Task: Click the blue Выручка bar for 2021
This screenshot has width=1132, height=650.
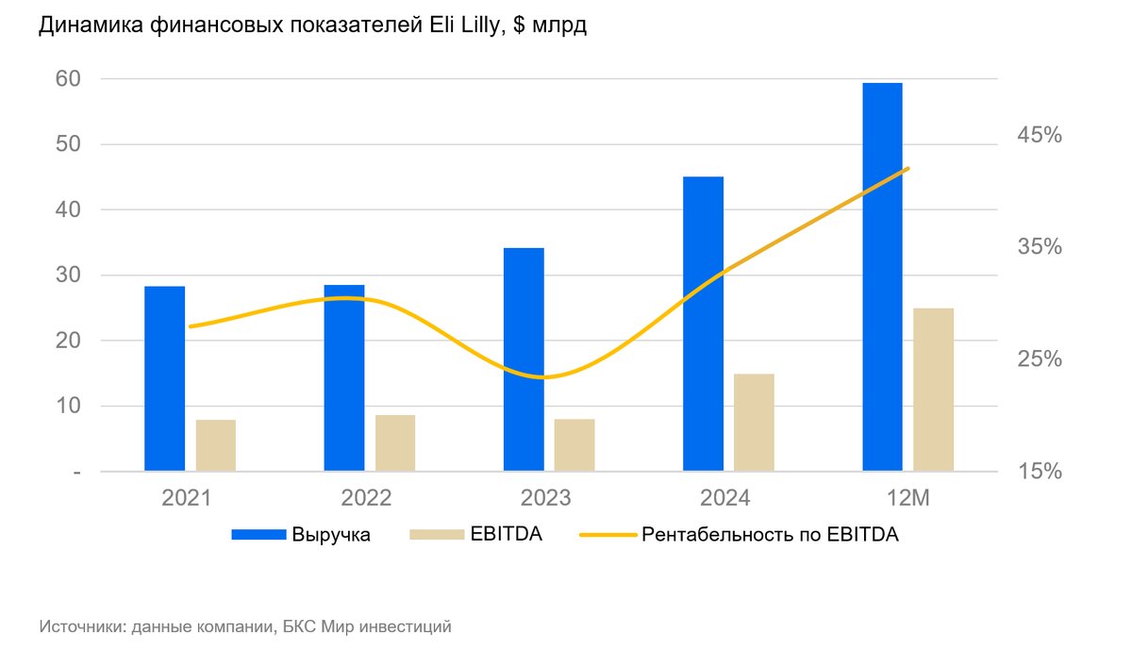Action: [x=164, y=377]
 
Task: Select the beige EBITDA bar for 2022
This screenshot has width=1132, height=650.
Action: [x=395, y=442]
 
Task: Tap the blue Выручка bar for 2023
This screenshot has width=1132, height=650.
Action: [x=524, y=358]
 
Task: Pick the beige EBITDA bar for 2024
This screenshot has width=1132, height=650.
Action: [x=754, y=422]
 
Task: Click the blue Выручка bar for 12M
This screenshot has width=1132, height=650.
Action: [x=882, y=276]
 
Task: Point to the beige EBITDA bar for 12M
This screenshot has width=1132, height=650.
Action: [x=934, y=389]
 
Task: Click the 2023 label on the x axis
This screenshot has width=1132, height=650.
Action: [x=545, y=497]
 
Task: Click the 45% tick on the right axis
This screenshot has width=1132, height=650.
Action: [x=1039, y=135]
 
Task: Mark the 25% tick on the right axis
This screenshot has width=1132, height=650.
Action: [x=1039, y=359]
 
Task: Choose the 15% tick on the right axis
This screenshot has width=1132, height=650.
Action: [x=1039, y=471]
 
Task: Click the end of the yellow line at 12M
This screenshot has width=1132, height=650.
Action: [x=907, y=169]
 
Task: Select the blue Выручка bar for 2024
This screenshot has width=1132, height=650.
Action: [x=703, y=323]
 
